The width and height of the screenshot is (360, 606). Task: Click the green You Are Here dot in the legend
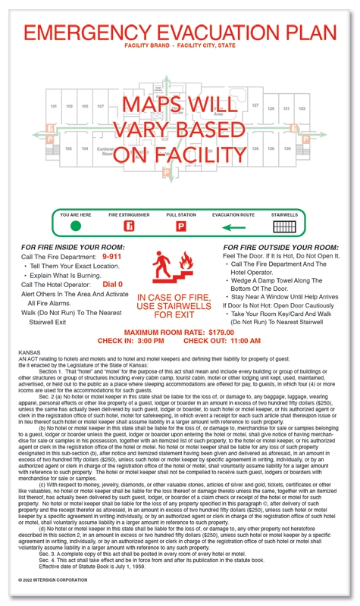(75, 226)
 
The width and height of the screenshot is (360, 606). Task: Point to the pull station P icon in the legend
(181, 226)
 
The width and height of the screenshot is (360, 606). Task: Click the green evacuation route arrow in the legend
(235, 226)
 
